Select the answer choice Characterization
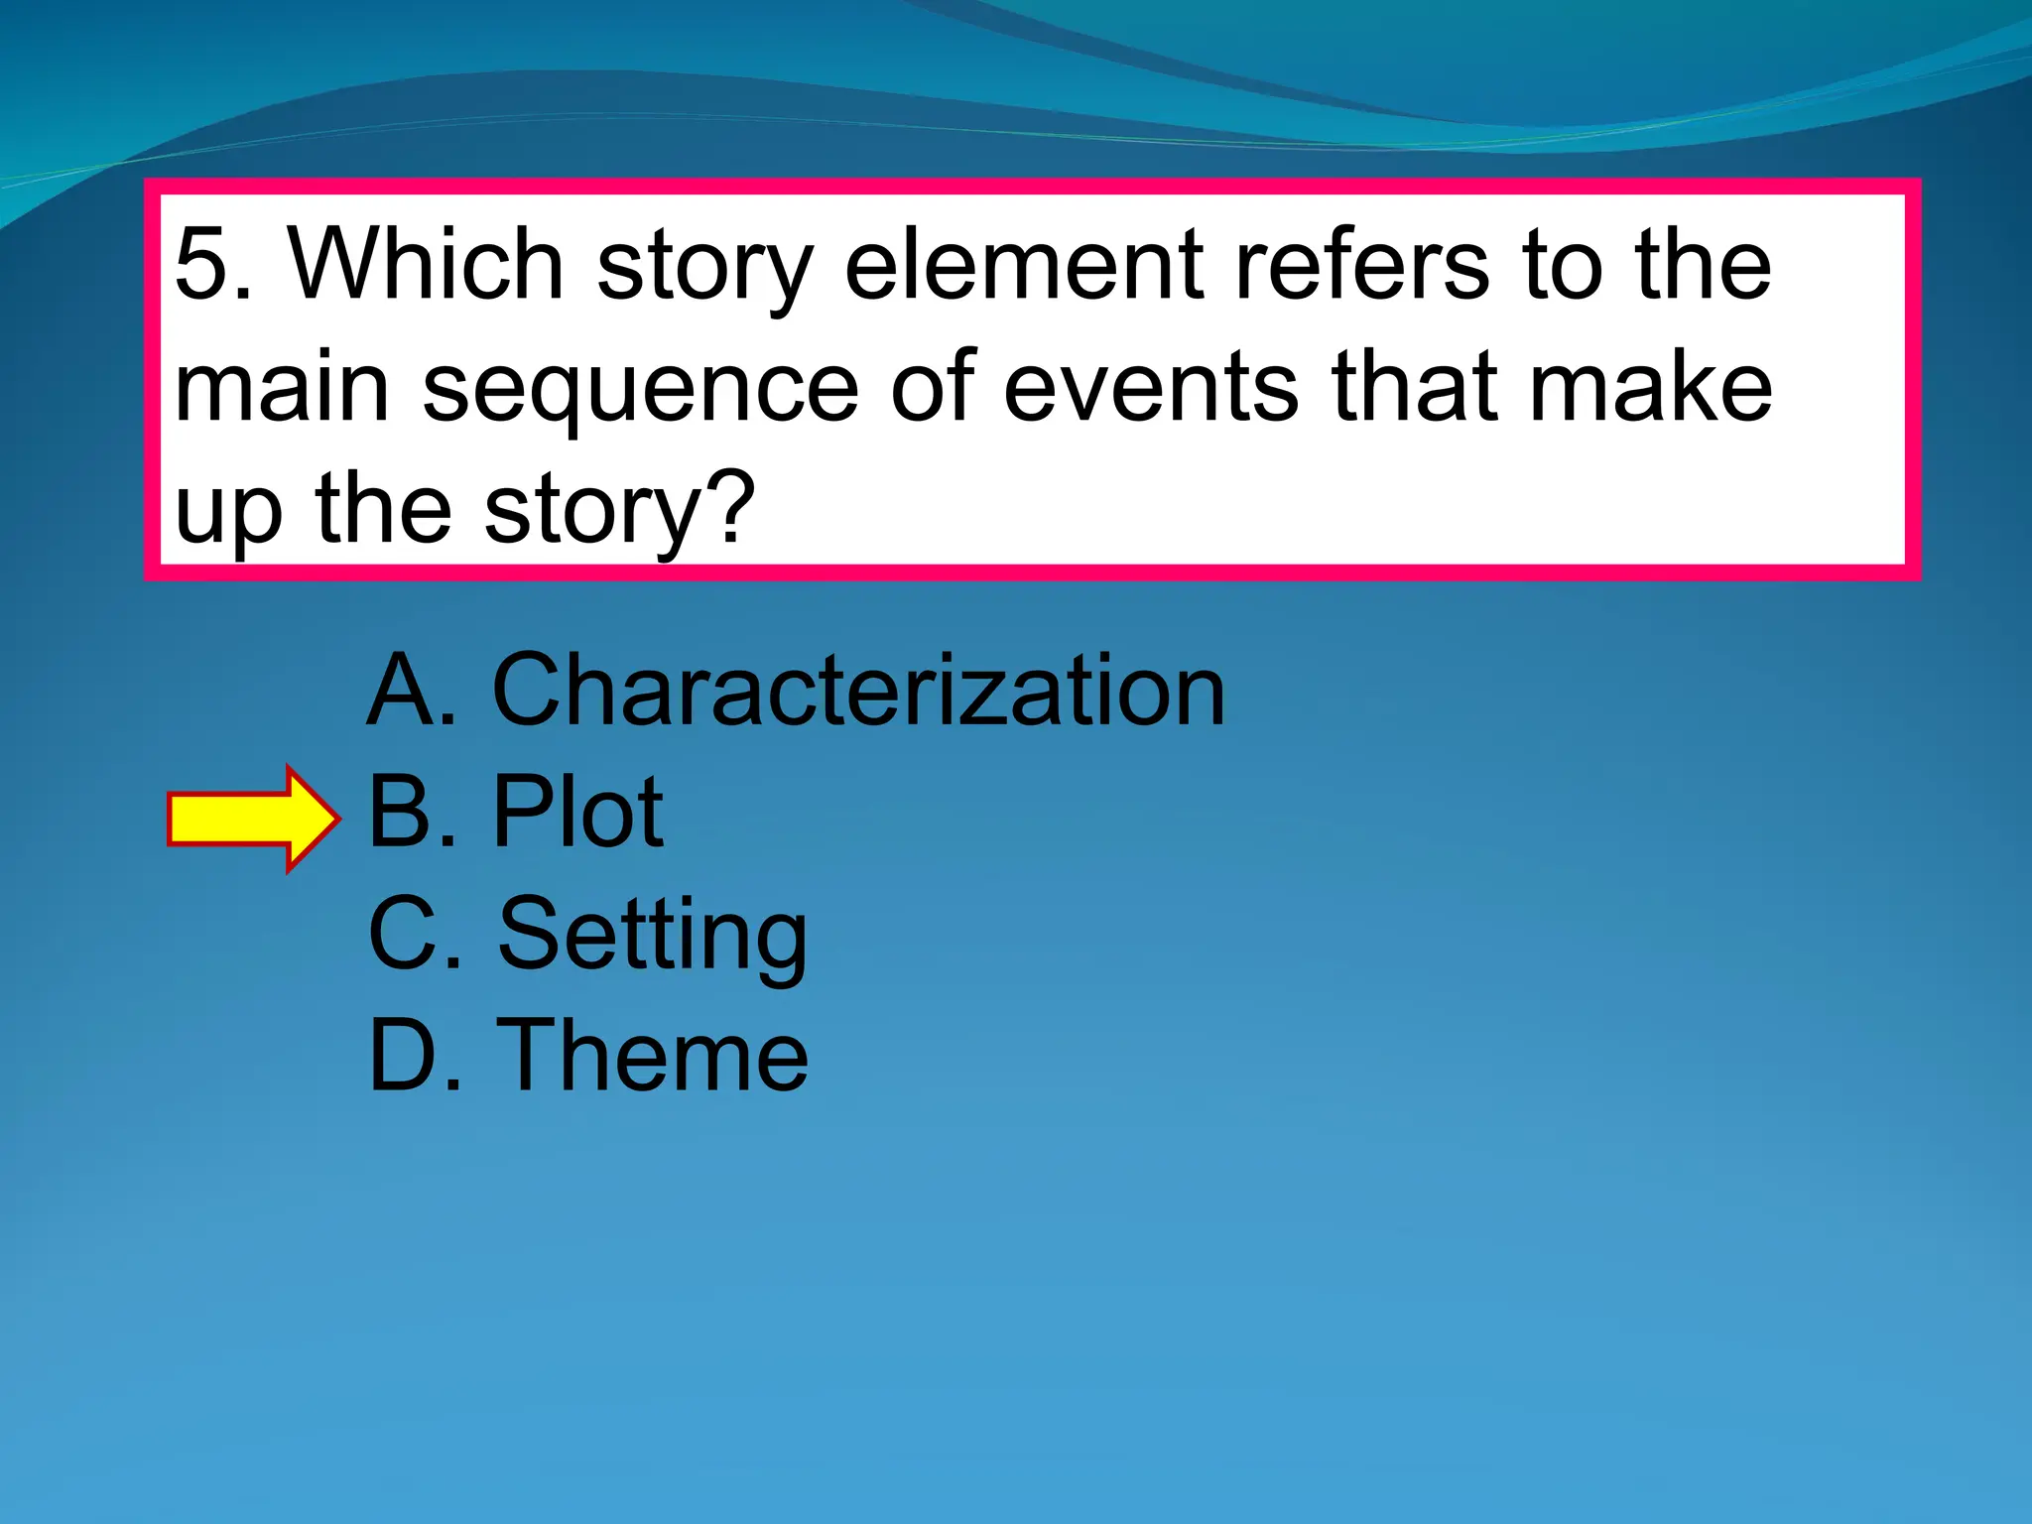coord(858,691)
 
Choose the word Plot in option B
coord(577,813)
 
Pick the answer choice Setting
coord(653,936)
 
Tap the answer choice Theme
coord(653,1056)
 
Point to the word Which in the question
coord(426,265)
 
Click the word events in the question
coord(1151,387)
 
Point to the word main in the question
coord(282,387)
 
